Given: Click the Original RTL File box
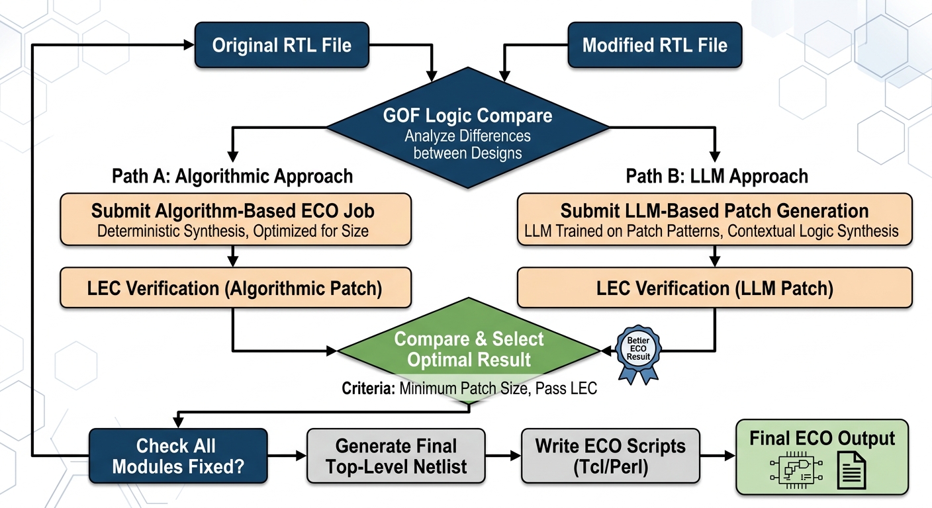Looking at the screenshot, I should (x=281, y=46).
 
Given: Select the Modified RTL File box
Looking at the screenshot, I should (x=654, y=46).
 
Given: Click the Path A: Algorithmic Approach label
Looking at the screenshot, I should (x=232, y=176).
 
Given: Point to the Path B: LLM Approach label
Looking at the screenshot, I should (x=717, y=176).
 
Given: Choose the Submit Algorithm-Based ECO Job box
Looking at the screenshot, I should (x=235, y=220).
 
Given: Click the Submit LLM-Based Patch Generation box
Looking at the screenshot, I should (x=714, y=220).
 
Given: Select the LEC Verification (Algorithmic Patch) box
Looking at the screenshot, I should (x=235, y=288).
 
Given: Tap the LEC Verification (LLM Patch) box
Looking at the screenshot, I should (x=714, y=288).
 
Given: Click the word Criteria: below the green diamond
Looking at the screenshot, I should (x=369, y=388).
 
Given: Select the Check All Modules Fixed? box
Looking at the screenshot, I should (x=177, y=456).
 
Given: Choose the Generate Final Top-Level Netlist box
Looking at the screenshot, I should (x=396, y=456).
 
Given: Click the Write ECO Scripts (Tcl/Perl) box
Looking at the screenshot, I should (x=610, y=456).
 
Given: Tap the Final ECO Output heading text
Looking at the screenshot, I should (x=821, y=439).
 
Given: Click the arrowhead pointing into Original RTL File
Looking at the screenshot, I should (x=188, y=45).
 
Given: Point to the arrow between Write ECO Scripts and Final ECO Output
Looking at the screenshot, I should (x=718, y=456).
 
